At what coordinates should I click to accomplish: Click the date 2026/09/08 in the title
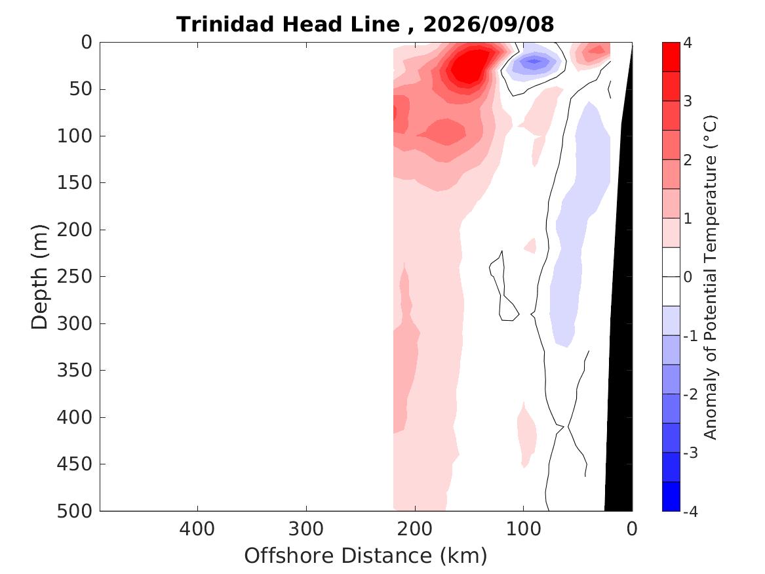coord(488,24)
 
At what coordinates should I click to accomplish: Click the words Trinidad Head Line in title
coord(288,24)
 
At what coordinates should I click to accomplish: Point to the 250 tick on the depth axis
coord(75,276)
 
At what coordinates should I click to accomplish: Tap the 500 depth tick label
coord(75,511)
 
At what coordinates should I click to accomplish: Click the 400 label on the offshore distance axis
coord(197,529)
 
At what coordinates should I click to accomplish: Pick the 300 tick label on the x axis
coord(306,529)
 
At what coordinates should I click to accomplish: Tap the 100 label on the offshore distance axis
coord(524,529)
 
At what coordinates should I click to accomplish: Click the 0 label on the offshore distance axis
coord(632,529)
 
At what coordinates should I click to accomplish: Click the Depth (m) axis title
coord(39,277)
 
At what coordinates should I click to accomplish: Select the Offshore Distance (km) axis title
coord(365,556)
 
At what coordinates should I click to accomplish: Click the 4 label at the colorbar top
coord(688,43)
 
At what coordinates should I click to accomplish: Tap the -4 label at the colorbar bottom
coord(690,512)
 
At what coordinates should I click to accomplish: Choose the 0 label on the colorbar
coord(688,277)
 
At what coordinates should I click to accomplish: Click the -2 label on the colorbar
coord(690,394)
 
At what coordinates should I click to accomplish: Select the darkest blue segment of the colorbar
coord(671,497)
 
